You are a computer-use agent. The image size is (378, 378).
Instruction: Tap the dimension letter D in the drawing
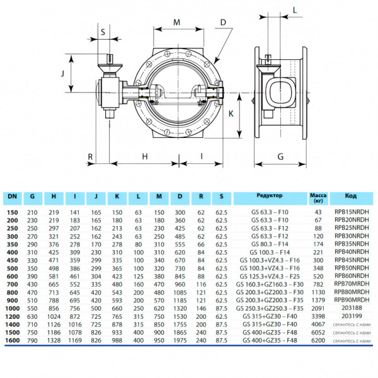[223, 22]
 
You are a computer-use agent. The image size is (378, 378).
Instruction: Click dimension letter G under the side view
[280, 156]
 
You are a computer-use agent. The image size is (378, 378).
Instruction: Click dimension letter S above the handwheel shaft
[103, 30]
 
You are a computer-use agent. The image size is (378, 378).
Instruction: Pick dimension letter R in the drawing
[91, 156]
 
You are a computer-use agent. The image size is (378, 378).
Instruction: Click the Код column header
[351, 196]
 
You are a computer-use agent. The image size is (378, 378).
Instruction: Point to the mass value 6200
[318, 340]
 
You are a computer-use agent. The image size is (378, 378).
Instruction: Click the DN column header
[13, 196]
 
